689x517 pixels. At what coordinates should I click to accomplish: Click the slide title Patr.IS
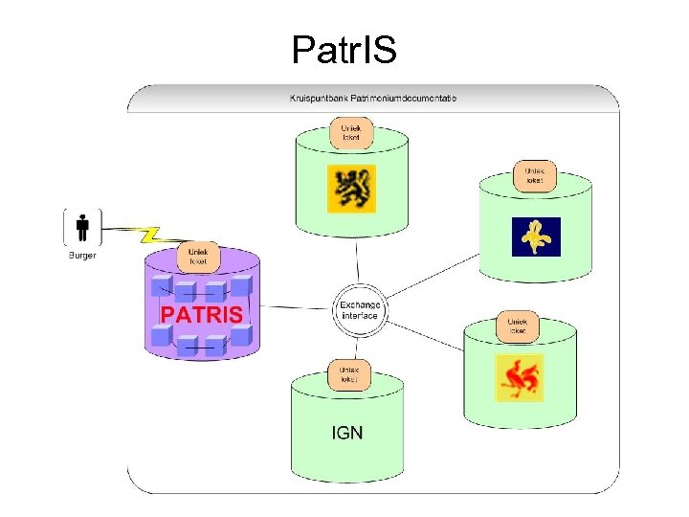(344, 49)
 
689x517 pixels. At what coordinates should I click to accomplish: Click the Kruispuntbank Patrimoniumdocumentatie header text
(373, 98)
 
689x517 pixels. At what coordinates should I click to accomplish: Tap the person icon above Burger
(82, 228)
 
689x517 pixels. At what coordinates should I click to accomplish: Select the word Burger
(82, 255)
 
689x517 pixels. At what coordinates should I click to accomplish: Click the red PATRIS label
(201, 314)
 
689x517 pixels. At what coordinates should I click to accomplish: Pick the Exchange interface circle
(359, 309)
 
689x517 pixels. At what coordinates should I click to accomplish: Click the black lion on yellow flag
(351, 189)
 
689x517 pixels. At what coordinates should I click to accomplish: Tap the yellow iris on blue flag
(536, 236)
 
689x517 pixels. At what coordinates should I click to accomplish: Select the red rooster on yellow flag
(519, 377)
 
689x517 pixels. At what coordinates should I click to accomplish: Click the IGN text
(346, 433)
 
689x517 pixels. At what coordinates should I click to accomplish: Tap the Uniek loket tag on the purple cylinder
(198, 257)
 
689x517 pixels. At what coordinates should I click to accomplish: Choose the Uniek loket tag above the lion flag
(351, 132)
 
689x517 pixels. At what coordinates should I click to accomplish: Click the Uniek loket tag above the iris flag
(534, 175)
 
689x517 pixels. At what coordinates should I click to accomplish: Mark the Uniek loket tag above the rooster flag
(517, 326)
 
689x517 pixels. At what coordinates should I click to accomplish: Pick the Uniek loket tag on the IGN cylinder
(346, 374)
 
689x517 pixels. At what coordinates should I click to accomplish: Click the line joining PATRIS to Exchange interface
(297, 308)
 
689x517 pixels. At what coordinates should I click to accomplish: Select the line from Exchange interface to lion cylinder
(357, 260)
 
